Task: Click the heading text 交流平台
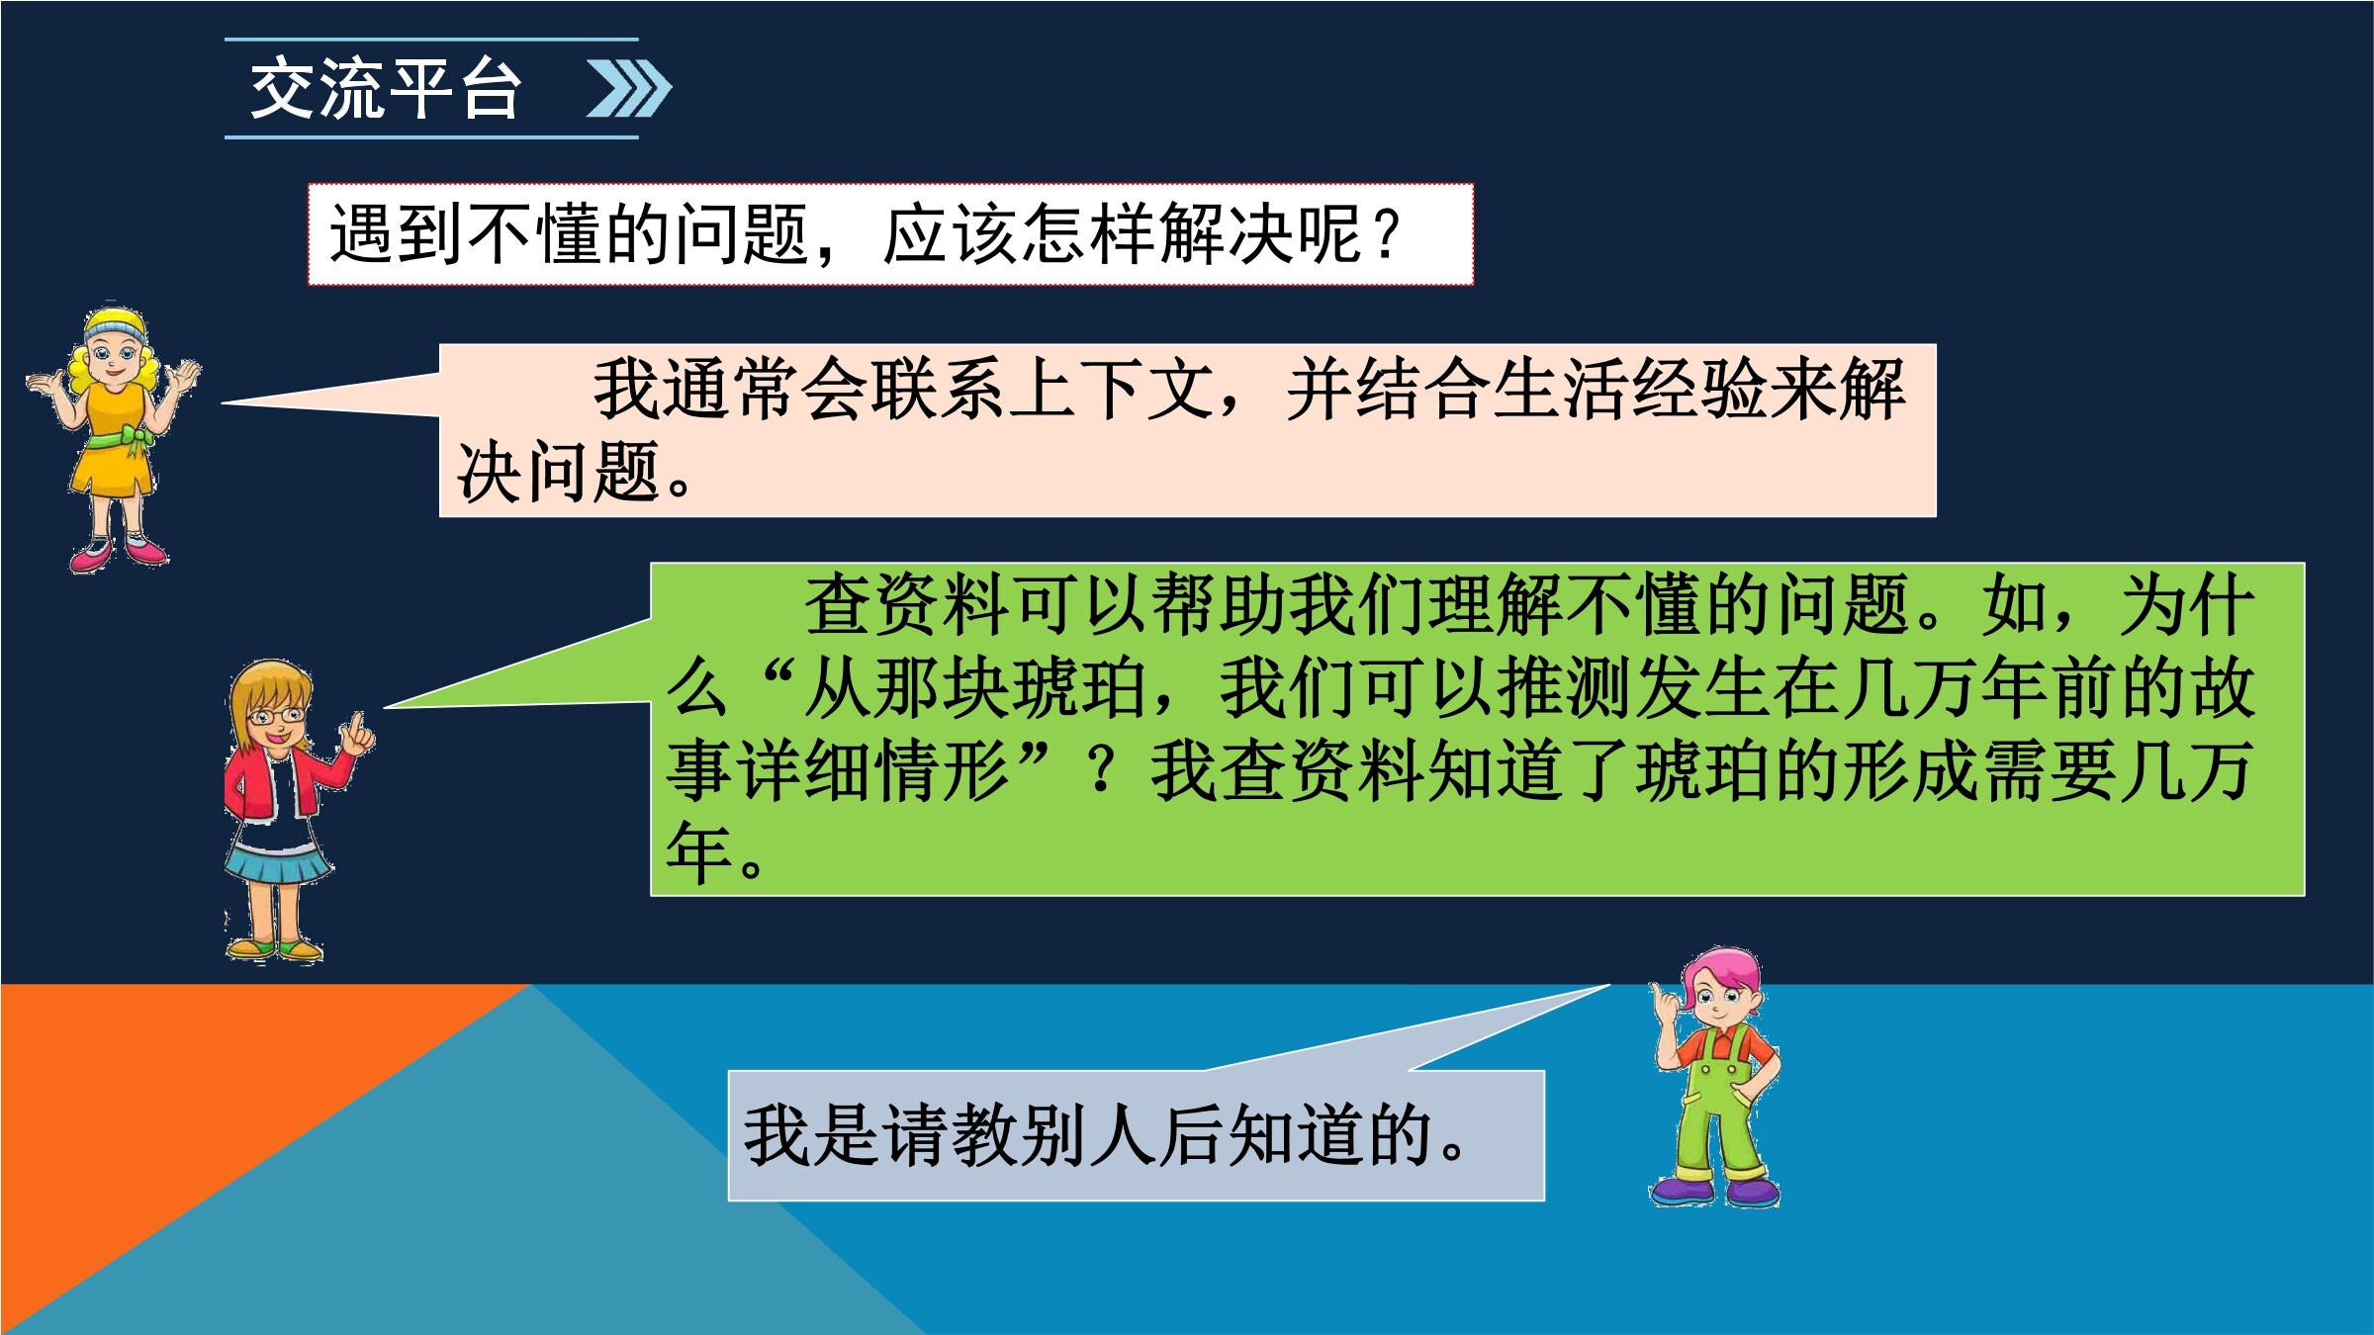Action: (x=385, y=89)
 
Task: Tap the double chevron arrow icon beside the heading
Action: (x=629, y=89)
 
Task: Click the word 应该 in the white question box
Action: (x=950, y=235)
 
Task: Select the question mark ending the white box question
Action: (x=1387, y=235)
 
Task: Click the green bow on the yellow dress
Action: (x=136, y=437)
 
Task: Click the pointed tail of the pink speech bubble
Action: (x=226, y=402)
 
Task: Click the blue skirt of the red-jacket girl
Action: (x=278, y=863)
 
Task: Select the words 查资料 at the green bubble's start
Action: (x=908, y=604)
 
